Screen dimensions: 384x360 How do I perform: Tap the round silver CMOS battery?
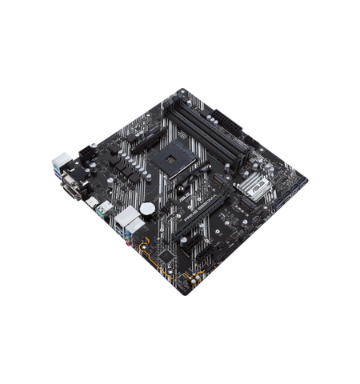[x=147, y=208]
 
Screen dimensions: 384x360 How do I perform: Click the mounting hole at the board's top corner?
[x=182, y=92]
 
